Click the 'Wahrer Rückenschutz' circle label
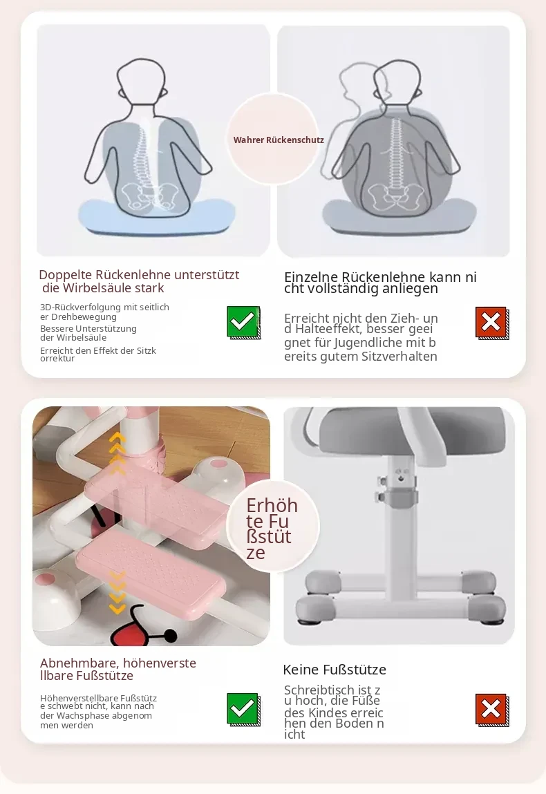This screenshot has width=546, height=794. [x=278, y=140]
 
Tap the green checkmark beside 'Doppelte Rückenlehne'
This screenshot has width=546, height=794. [x=243, y=323]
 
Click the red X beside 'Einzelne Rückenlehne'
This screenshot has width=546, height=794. [x=492, y=323]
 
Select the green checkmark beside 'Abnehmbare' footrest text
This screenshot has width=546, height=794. [x=243, y=710]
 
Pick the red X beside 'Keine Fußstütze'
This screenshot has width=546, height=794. [x=492, y=710]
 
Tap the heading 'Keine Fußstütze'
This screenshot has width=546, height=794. [x=335, y=670]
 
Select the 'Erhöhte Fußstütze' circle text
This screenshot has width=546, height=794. [x=272, y=529]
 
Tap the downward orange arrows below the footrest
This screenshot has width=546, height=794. [x=117, y=592]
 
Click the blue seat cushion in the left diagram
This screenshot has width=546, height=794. [x=157, y=217]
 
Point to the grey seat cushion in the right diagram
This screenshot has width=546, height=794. [x=399, y=216]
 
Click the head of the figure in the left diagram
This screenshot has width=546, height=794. [x=141, y=81]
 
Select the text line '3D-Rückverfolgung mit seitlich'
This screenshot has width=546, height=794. [x=104, y=307]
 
